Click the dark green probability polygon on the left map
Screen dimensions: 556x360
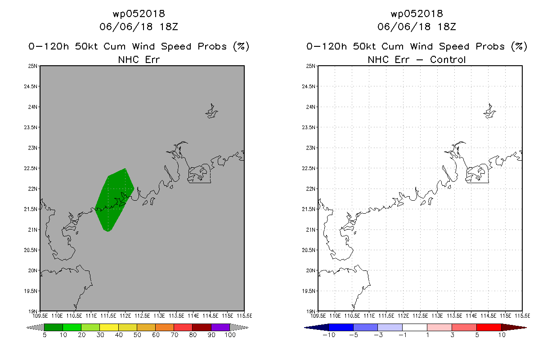tap(115, 200)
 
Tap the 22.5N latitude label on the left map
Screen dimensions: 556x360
tap(31, 168)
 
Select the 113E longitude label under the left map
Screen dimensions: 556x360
tap(159, 316)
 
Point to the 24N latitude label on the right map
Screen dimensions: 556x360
tap(310, 107)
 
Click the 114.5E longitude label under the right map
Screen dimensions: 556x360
tap(488, 316)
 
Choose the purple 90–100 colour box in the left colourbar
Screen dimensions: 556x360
tap(220, 327)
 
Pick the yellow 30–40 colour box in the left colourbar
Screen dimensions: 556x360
tap(109, 327)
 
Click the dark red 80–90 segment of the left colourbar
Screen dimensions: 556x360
tap(202, 327)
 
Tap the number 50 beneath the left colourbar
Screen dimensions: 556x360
tap(137, 335)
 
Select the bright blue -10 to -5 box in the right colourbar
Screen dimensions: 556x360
tap(341, 327)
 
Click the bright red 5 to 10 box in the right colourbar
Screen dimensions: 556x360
tap(489, 327)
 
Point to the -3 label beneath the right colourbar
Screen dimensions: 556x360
tap(378, 335)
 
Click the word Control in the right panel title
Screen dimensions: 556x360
tap(448, 59)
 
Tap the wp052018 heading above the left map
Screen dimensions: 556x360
tap(139, 13)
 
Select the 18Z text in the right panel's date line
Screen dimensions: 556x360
tap(447, 27)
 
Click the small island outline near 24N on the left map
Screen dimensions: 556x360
tap(211, 111)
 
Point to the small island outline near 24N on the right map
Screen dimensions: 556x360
tap(489, 111)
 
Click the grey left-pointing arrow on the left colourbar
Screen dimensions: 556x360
tap(35, 327)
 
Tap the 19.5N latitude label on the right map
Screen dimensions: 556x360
tap(309, 291)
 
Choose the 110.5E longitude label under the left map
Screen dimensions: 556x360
tap(74, 316)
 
